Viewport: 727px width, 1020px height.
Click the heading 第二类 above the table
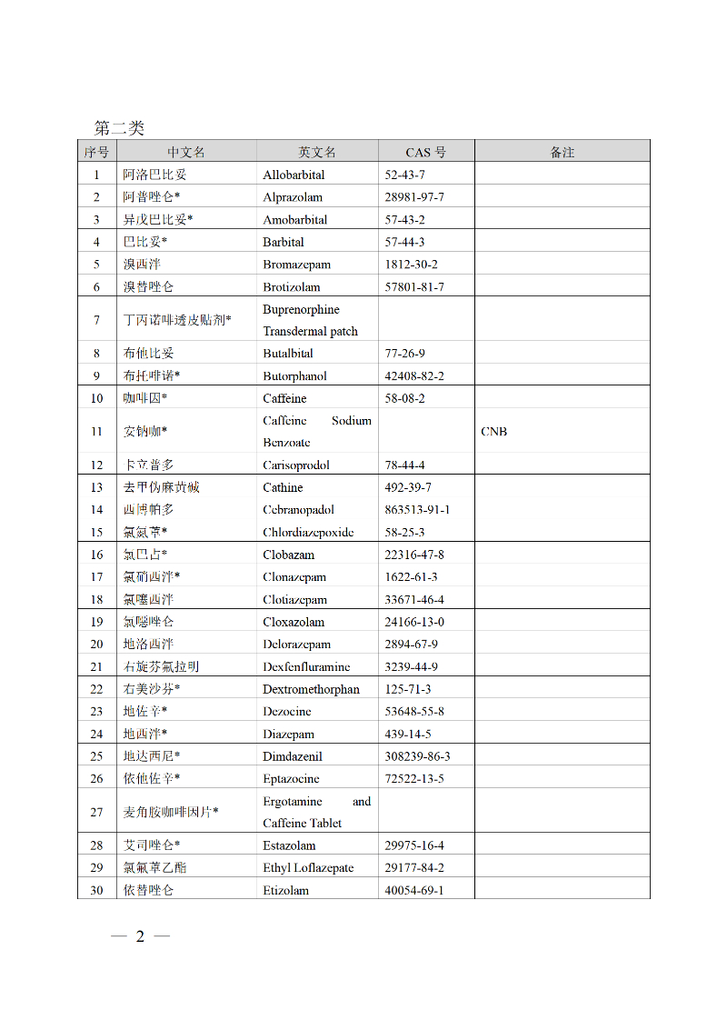[x=119, y=128]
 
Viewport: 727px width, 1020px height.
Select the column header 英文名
[x=317, y=152]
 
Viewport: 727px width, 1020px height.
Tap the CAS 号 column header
[x=425, y=152]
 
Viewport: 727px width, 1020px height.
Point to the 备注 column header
[x=562, y=152]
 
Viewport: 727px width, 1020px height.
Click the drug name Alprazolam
[x=293, y=197]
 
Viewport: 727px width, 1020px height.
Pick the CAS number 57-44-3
[x=404, y=242]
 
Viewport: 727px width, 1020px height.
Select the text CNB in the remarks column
[x=493, y=432]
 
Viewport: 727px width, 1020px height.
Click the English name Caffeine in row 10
[x=284, y=398]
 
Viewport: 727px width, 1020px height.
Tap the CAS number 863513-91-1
[x=417, y=510]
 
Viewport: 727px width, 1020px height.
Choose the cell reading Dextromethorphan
[x=311, y=689]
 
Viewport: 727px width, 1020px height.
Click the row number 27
[x=96, y=812]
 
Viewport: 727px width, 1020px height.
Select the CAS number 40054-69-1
[x=414, y=890]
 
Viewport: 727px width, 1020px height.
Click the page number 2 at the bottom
[x=140, y=937]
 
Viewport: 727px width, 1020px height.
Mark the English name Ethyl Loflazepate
[x=308, y=868]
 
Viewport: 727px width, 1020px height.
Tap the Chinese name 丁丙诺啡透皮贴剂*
[x=177, y=320]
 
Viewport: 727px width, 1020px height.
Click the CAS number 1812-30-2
[x=411, y=265]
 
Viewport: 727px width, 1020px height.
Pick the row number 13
[x=96, y=487]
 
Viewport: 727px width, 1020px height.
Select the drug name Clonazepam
[x=294, y=577]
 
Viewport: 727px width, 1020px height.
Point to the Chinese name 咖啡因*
[x=145, y=398]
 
